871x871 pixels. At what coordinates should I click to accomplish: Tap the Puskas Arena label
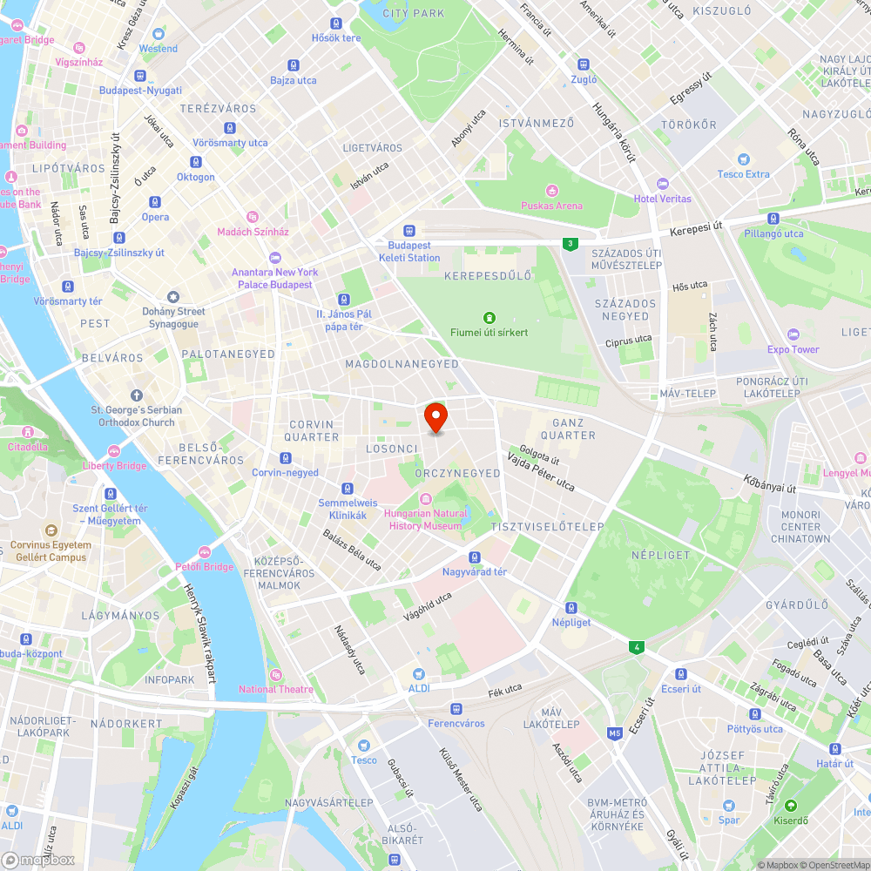coord(551,206)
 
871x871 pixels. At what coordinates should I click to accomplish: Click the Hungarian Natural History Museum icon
coord(426,498)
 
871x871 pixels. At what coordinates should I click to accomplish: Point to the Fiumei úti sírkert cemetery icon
coord(489,317)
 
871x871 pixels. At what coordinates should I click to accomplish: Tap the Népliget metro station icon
coord(571,607)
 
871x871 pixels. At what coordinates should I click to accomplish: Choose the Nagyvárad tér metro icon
coord(475,557)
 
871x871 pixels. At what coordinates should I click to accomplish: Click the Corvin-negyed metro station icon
coord(285,458)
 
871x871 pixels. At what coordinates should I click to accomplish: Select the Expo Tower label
coord(793,349)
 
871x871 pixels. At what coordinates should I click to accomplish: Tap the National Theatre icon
coord(276,674)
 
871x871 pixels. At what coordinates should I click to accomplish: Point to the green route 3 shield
coord(570,244)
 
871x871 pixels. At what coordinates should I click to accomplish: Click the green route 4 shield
coord(638,647)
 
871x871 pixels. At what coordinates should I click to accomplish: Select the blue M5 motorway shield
coord(615,733)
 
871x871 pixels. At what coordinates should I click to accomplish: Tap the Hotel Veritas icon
coord(663,184)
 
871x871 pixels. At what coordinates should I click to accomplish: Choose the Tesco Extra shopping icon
coord(743,159)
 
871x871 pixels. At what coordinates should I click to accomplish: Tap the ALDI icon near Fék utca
coord(419,674)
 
